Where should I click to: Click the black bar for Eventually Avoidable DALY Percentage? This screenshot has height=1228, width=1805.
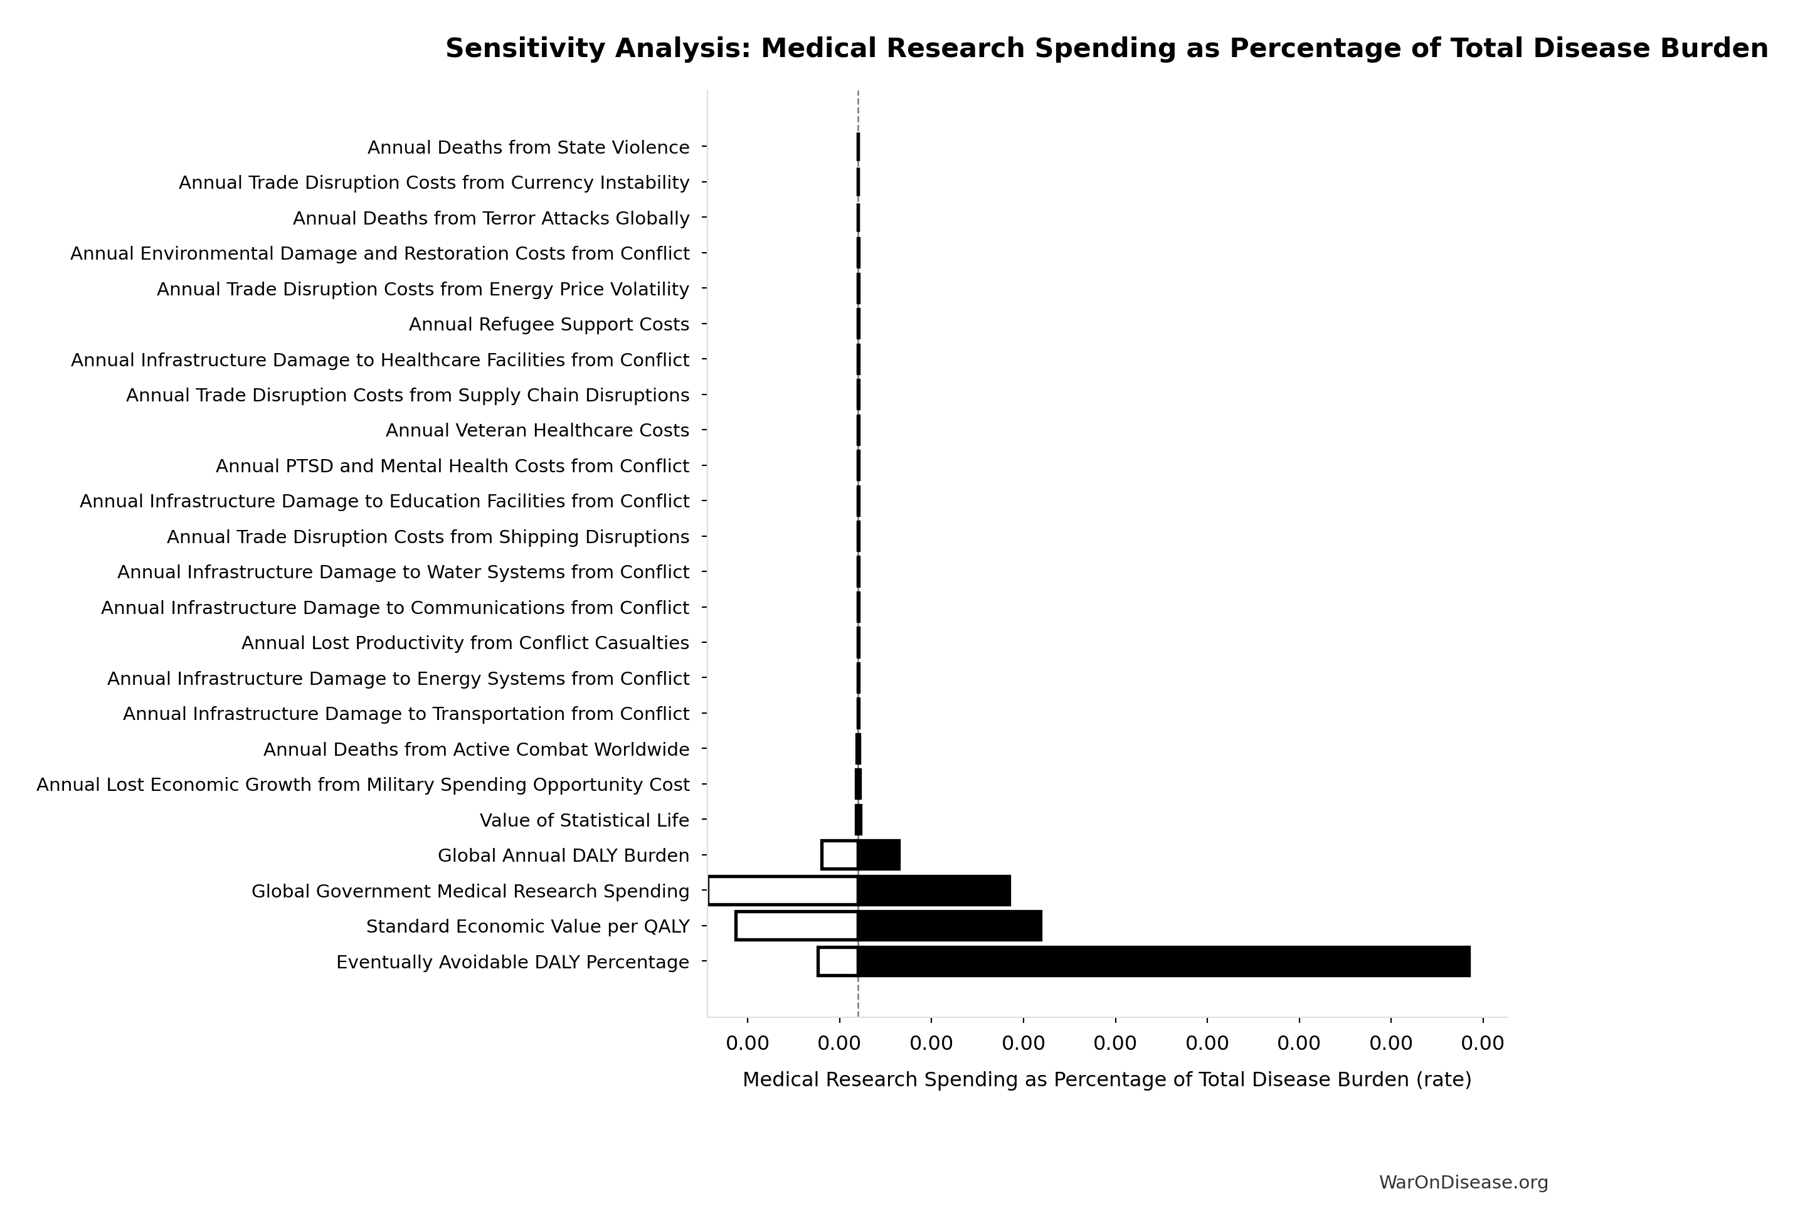(1163, 961)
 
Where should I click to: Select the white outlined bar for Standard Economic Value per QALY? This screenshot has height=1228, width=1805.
(797, 926)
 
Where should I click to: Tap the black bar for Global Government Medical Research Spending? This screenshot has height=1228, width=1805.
(934, 891)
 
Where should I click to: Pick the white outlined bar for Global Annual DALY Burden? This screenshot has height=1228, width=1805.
(840, 855)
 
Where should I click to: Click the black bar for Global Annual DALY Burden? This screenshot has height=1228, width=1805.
(879, 855)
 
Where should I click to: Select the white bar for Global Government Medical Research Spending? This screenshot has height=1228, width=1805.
(783, 891)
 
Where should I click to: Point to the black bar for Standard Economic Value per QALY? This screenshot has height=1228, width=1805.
(949, 926)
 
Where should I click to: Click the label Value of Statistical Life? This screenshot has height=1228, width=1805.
(584, 820)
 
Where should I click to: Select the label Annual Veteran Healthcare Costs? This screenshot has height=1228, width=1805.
(537, 430)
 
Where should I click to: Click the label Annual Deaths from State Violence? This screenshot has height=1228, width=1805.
(528, 147)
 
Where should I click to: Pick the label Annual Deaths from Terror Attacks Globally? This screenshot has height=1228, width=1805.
(491, 218)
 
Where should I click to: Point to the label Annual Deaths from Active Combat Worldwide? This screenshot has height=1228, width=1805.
(476, 749)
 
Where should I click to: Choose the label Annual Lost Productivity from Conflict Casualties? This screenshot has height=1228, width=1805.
(465, 643)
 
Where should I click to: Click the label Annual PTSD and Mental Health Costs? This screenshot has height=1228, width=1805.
(452, 466)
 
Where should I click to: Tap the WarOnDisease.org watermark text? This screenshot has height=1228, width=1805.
(1463, 1182)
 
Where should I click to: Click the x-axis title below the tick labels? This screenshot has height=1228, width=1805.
(1107, 1079)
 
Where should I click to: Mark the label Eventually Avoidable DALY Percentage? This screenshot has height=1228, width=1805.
(512, 962)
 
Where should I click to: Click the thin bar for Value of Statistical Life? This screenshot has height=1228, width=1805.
(858, 820)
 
